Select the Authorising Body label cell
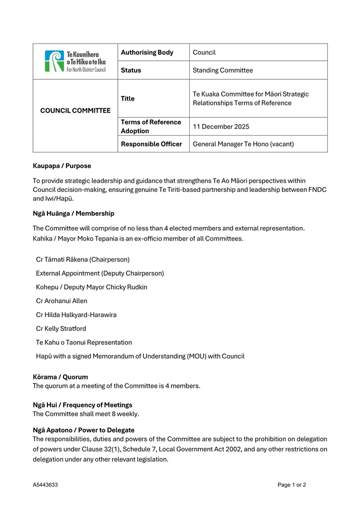click(x=147, y=52)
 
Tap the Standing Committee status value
click(x=223, y=70)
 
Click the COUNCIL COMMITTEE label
click(x=75, y=110)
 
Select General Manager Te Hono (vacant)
click(x=243, y=144)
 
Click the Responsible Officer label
click(x=151, y=144)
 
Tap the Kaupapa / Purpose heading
click(x=61, y=166)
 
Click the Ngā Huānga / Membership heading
click(x=73, y=213)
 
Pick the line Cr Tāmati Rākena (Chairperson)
click(x=83, y=260)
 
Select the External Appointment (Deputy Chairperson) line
click(x=100, y=273)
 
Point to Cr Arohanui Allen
click(x=61, y=301)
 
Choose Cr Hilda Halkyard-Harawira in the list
click(x=76, y=315)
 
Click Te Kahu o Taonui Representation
click(x=84, y=342)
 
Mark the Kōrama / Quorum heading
click(x=60, y=377)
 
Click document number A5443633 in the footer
click(x=45, y=485)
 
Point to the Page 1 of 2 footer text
click(x=291, y=485)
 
